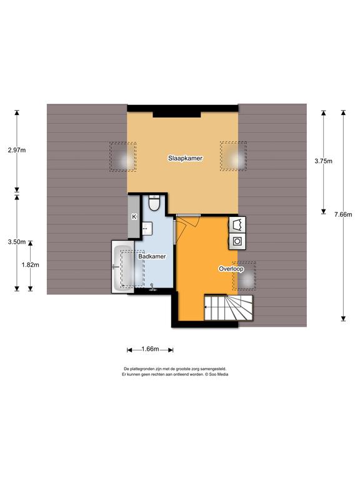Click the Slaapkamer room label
pyautogui.click(x=185, y=158)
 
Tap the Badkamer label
pyautogui.click(x=152, y=256)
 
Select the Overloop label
pyautogui.click(x=231, y=269)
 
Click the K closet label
pyautogui.click(x=134, y=217)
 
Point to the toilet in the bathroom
pyautogui.click(x=154, y=202)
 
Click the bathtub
pyautogui.click(x=122, y=267)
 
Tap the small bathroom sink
pyautogui.click(x=147, y=229)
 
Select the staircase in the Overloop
pyautogui.click(x=229, y=307)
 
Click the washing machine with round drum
pyautogui.click(x=237, y=241)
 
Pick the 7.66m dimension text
pyautogui.click(x=343, y=214)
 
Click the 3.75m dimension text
pyautogui.click(x=323, y=161)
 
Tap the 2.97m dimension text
pyautogui.click(x=17, y=150)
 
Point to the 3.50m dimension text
pyautogui.click(x=17, y=242)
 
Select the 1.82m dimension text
pyautogui.click(x=30, y=265)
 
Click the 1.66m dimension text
pyautogui.click(x=150, y=349)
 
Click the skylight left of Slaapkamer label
pyautogui.click(x=122, y=156)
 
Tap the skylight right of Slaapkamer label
pyautogui.click(x=234, y=156)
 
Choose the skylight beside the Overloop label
pyautogui.click(x=244, y=276)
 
